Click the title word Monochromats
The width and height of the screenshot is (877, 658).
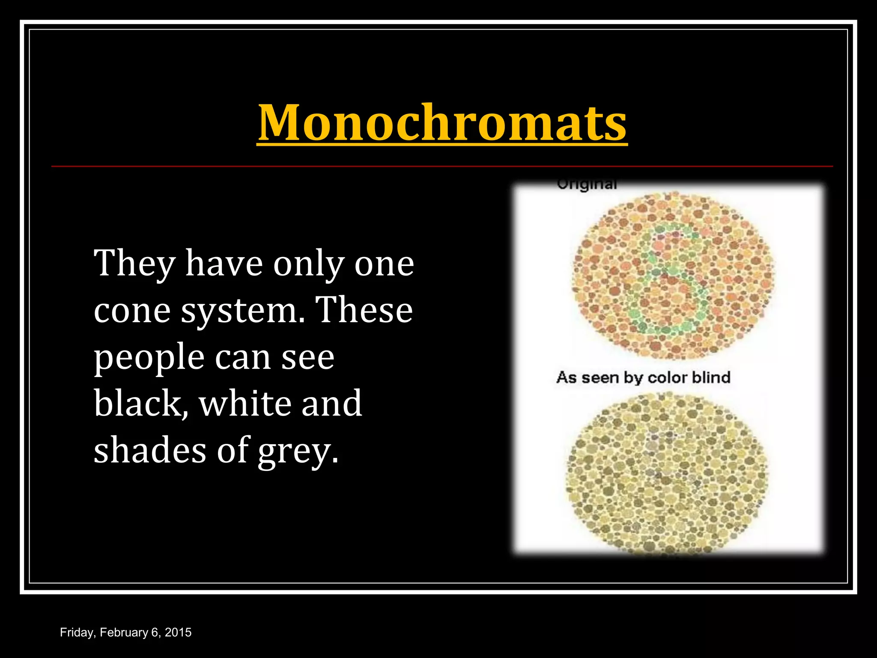pos(442,123)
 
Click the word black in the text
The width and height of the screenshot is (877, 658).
pos(140,404)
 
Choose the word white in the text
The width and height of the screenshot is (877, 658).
pos(245,404)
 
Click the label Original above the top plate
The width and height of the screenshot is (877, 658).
pos(587,185)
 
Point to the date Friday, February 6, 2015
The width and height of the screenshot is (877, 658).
pos(125,632)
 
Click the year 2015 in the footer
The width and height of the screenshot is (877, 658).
pos(178,632)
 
